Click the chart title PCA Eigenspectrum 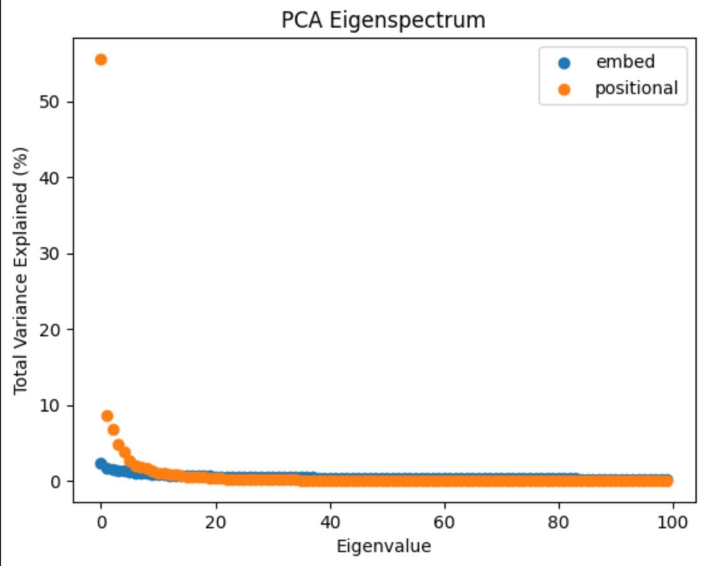(x=384, y=20)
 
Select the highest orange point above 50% (x=100, y=60)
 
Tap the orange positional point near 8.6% (x=107, y=416)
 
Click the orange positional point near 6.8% (x=113, y=430)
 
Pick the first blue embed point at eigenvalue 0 (x=100, y=464)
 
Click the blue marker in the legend (x=564, y=63)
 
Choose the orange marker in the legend (x=564, y=89)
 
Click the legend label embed (x=625, y=62)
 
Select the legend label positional (x=636, y=88)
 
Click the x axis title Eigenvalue (x=384, y=547)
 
